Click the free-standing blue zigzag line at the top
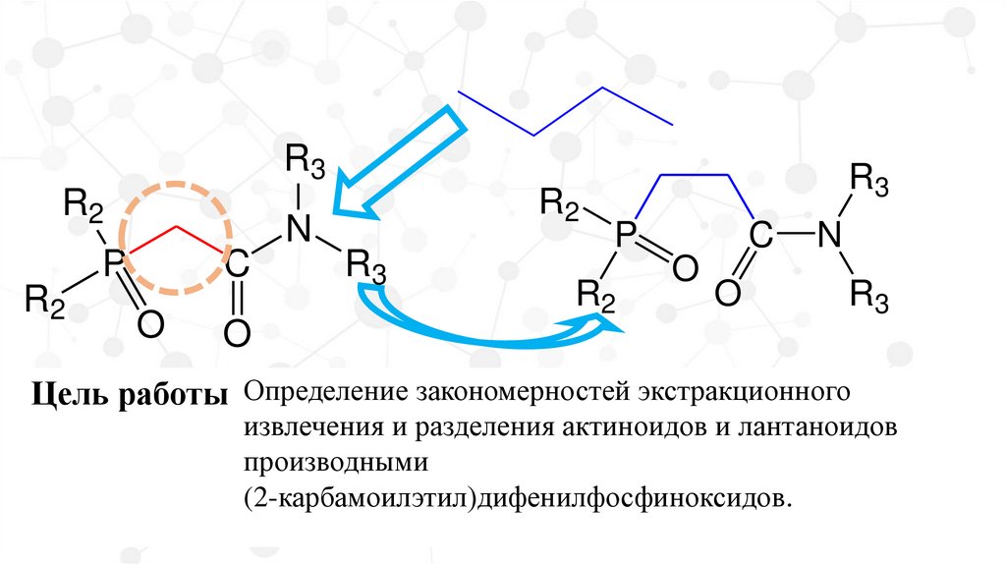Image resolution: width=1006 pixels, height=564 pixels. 565,112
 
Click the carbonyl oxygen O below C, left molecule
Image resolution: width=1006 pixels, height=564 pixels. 236,333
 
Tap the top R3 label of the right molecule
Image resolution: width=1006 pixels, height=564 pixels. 868,179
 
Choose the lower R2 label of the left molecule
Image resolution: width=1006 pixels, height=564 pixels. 44,299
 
